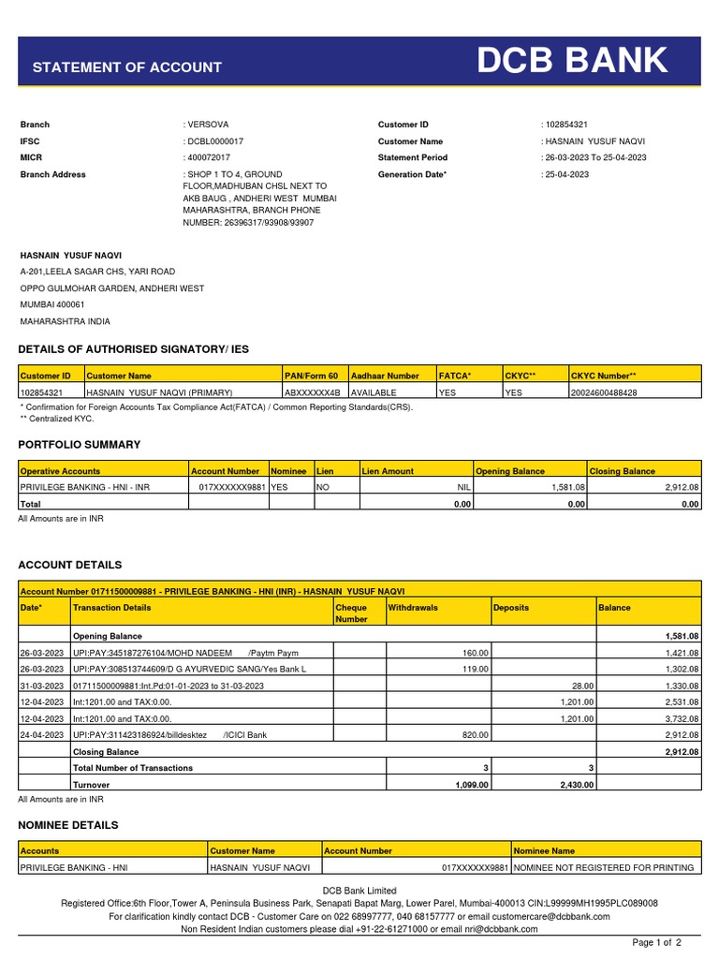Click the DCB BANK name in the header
coord(573,62)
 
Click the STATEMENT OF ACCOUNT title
coord(127,67)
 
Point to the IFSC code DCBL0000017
coord(216,141)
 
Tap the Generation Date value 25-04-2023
coord(565,175)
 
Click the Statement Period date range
coord(594,158)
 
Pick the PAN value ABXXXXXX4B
coord(313,393)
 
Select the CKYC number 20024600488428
coord(604,393)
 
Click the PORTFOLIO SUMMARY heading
coord(80,445)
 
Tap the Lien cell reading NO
coord(323,488)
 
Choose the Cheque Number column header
coord(351,613)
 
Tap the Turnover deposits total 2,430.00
coord(574,785)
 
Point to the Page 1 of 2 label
coord(657,942)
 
